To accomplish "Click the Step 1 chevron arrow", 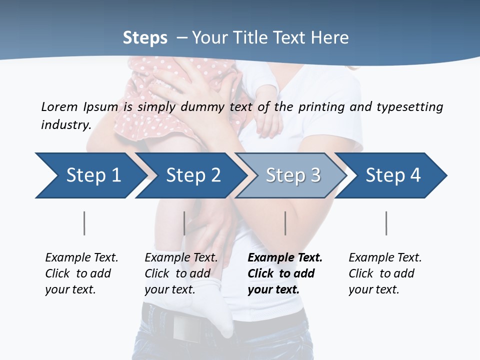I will [90, 175].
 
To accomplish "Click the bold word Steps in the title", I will [145, 37].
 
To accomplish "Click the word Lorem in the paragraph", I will [59, 106].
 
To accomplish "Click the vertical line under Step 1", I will [84, 223].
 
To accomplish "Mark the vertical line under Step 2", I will [184, 223].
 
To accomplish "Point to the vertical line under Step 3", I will [285, 223].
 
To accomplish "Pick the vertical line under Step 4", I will [386, 223].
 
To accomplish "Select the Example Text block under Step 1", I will [81, 273].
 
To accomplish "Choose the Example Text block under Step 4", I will [385, 273].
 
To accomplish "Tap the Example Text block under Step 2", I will [181, 273].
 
